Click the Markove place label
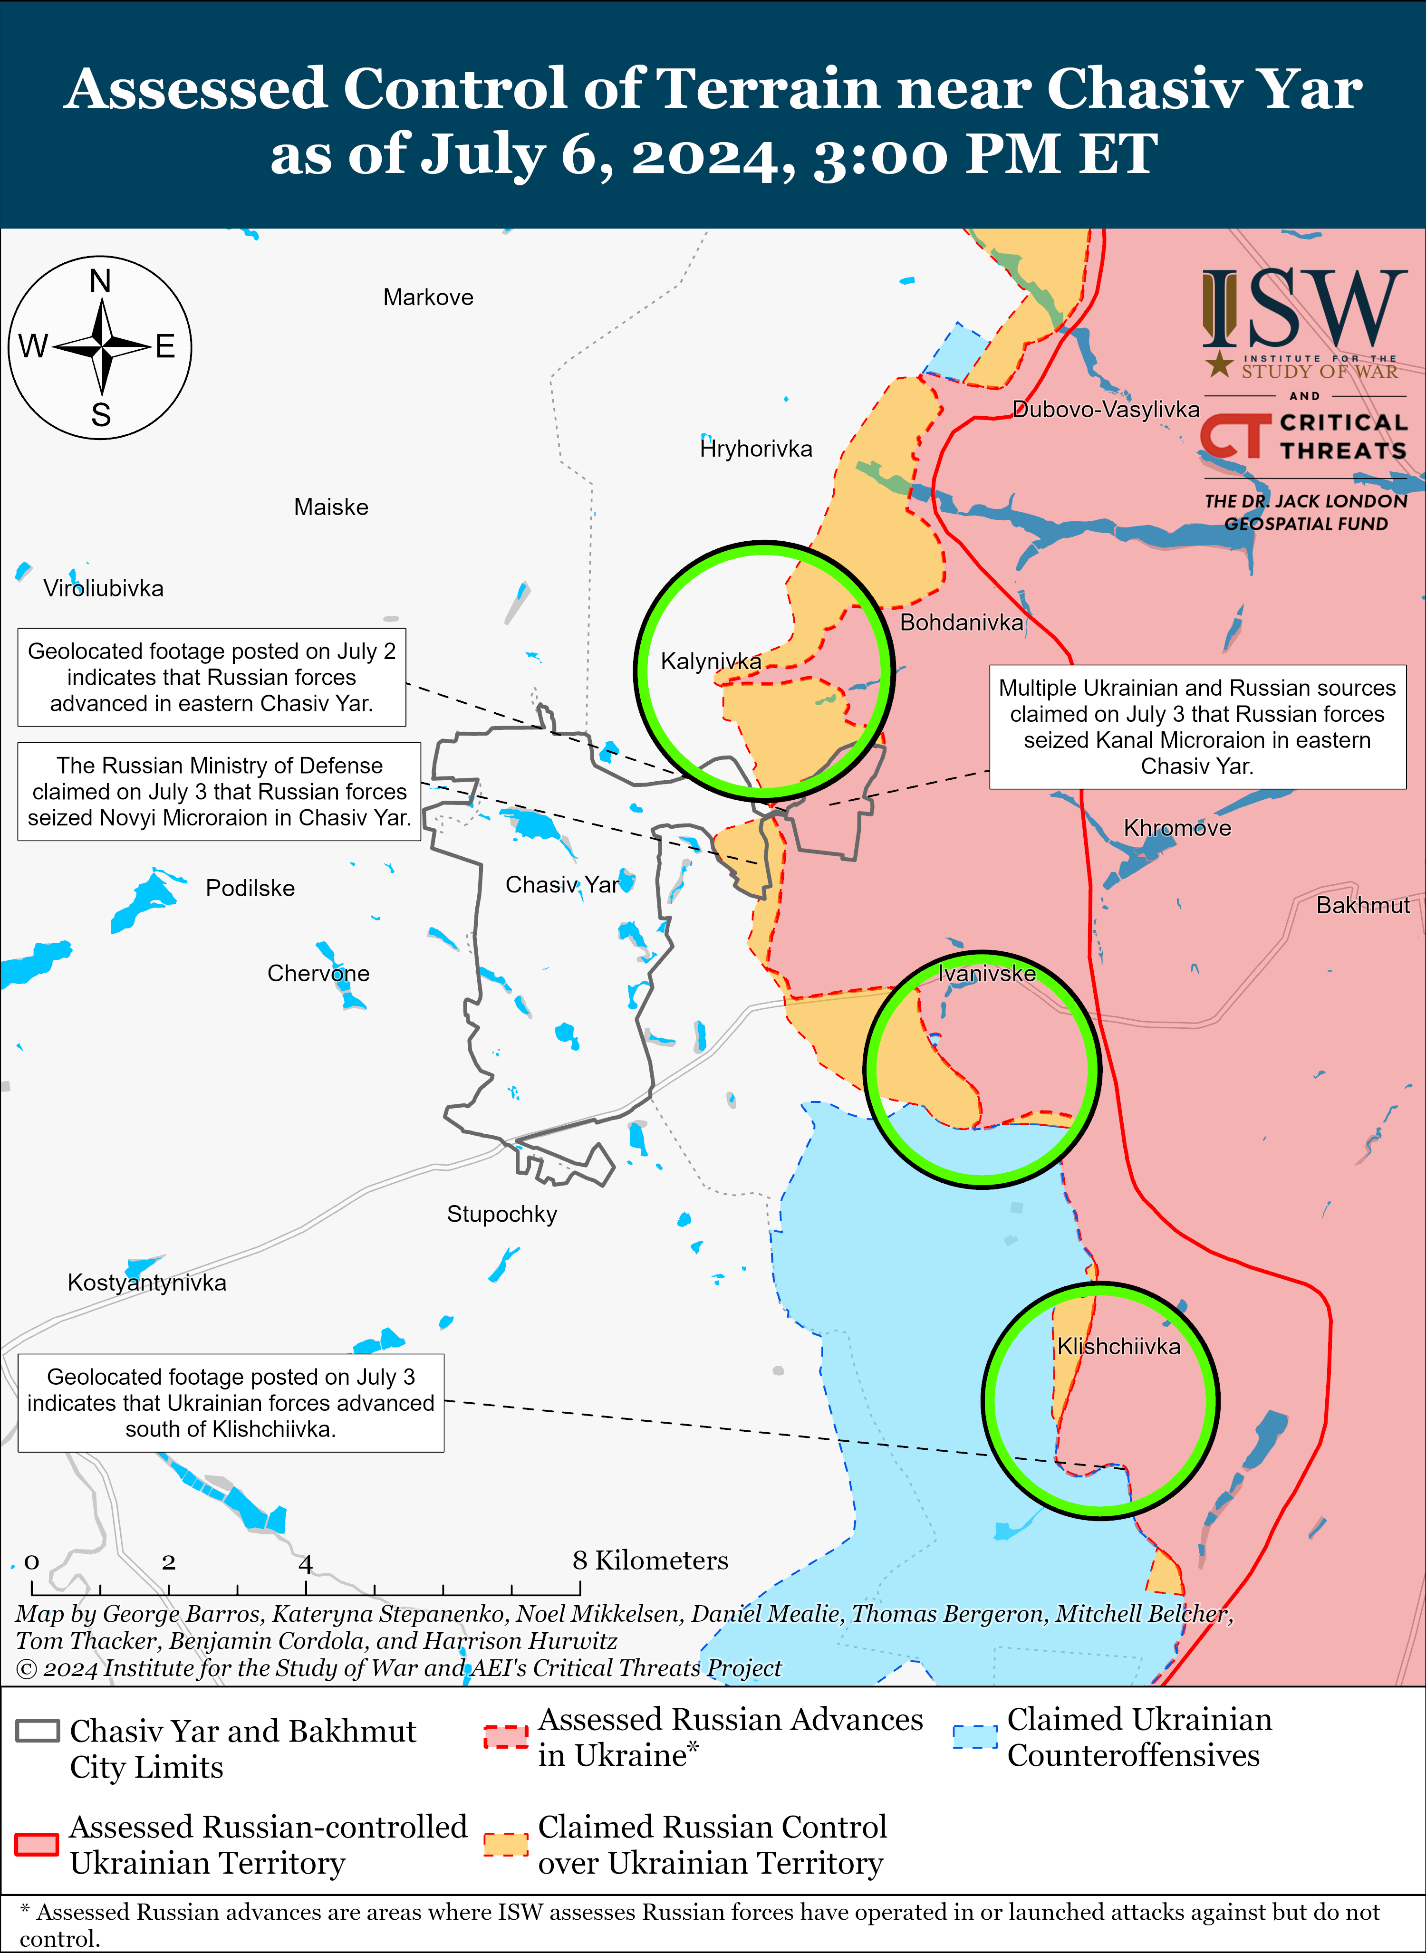428,298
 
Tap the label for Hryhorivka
756,449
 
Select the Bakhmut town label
1362,905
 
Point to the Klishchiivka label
1119,1346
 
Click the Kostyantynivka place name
147,1283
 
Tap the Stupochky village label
501,1214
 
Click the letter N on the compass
100,281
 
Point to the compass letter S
101,415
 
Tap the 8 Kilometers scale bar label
650,1560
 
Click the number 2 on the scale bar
168,1562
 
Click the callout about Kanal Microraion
1197,727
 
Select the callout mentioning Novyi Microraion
219,791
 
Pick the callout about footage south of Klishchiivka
231,1402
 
